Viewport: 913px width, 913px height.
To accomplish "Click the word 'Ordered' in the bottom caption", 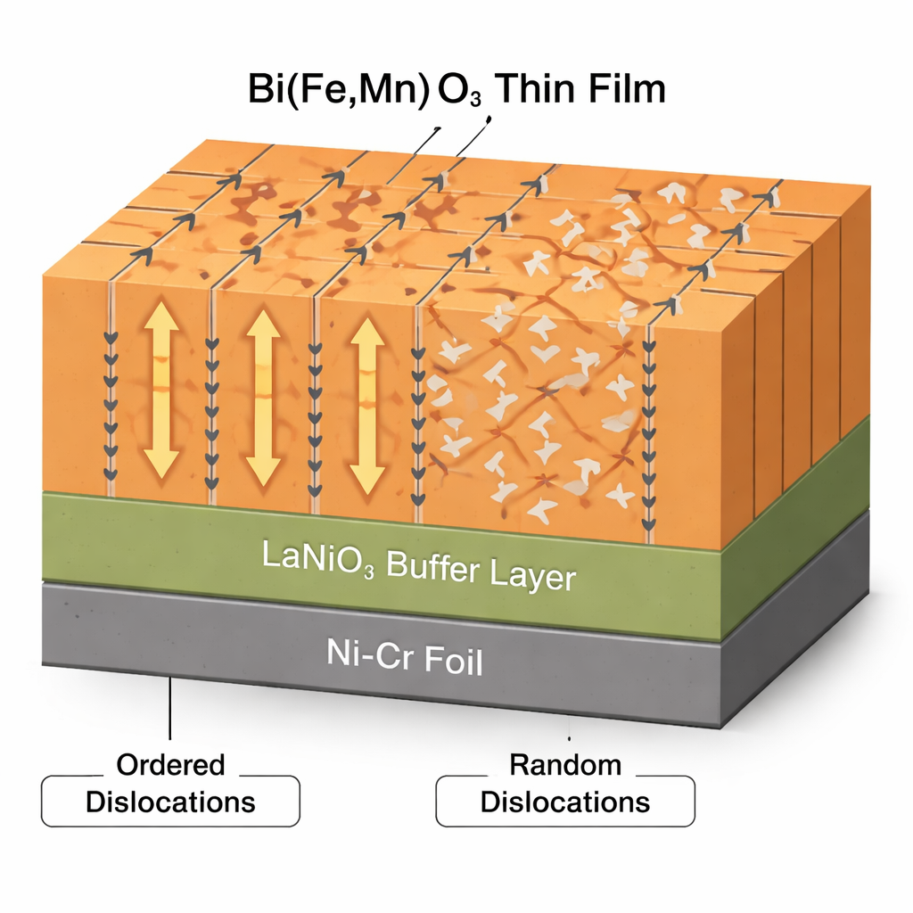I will click(170, 765).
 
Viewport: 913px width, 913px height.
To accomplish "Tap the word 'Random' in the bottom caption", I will click(564, 765).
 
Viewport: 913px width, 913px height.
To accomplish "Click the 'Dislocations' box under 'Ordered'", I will click(170, 801).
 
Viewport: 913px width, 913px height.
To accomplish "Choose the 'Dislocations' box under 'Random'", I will click(564, 801).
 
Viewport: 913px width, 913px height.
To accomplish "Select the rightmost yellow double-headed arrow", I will click(366, 404).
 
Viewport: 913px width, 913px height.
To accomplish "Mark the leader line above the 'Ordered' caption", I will click(170, 713).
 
